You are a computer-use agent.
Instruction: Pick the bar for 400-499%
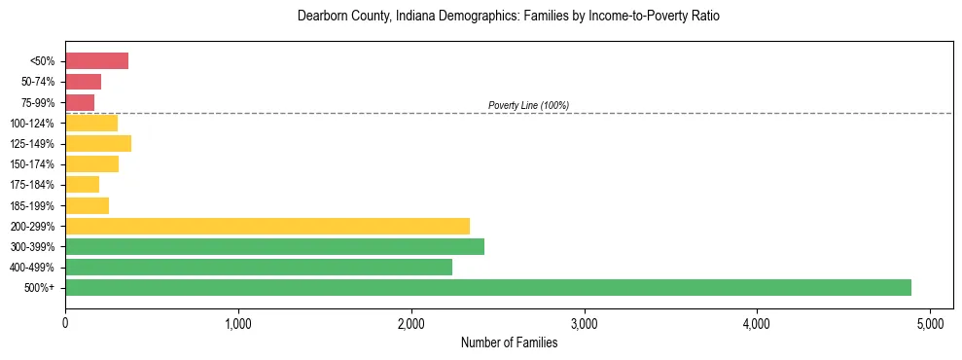click(x=259, y=267)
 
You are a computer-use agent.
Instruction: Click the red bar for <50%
click(x=96, y=61)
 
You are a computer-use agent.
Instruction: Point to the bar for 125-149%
click(x=98, y=144)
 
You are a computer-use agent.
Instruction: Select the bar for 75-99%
click(x=80, y=102)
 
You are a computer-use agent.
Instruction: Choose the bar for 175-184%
click(x=82, y=185)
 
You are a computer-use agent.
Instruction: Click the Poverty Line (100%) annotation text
click(x=528, y=105)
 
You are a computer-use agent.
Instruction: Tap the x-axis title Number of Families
click(x=509, y=342)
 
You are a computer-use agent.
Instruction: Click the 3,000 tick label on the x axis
click(x=584, y=323)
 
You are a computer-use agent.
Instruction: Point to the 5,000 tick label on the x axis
click(x=930, y=323)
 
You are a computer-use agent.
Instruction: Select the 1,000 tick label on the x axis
click(x=238, y=323)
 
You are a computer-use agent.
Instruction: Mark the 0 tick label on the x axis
click(x=65, y=323)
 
